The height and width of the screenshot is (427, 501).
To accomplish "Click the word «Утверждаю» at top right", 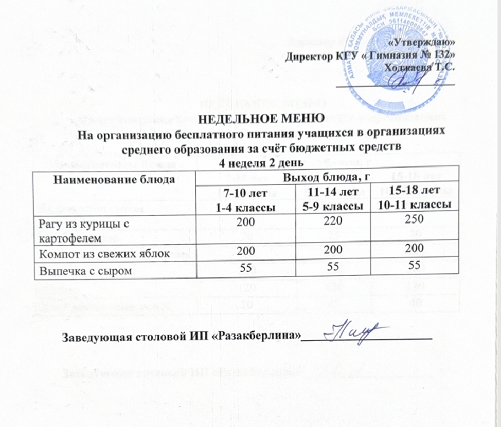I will coord(423,43).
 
